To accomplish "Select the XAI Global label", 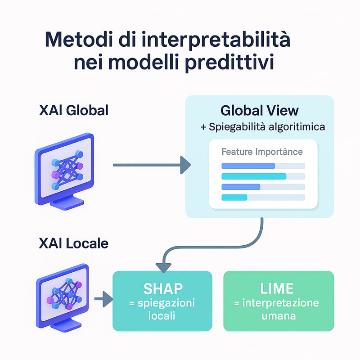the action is [x=74, y=110].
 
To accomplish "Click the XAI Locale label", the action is [x=74, y=243].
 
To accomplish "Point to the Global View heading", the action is [x=260, y=110].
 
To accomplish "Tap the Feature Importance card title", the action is [x=262, y=152].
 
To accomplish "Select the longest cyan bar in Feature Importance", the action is [x=254, y=176].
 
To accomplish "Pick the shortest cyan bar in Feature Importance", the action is [x=234, y=198].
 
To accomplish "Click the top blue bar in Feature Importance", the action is [x=248, y=166].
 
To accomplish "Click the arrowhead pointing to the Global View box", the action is [x=185, y=165].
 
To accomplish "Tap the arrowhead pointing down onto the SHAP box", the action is [x=163, y=268].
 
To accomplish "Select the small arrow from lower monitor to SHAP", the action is [x=103, y=299].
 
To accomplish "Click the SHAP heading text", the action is [x=163, y=288].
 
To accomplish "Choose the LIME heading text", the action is [x=277, y=288].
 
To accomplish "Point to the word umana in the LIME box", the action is [x=279, y=316].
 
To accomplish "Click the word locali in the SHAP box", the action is [x=162, y=315].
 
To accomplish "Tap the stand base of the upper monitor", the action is [x=67, y=204].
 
